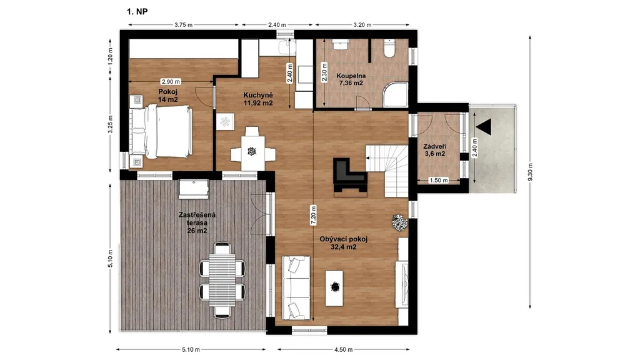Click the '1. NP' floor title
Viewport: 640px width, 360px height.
pos(137,11)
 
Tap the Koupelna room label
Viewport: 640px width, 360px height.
pos(351,76)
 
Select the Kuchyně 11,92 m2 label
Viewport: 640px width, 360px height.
pos(258,99)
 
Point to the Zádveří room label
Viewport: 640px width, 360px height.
pos(435,146)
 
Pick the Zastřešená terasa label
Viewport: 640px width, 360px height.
pos(197,219)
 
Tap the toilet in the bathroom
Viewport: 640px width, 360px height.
pos(390,49)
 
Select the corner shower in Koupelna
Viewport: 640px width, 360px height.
pos(395,94)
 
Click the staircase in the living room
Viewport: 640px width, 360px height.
pos(386,171)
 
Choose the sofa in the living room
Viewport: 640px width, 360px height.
pos(296,287)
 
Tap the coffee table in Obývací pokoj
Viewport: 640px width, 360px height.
pos(334,287)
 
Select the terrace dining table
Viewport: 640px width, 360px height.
pos(222,279)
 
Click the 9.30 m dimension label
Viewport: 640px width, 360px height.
pos(530,172)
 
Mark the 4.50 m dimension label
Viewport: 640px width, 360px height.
pos(343,349)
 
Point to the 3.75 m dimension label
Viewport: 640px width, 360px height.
pos(183,24)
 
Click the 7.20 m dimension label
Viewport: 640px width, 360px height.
pos(313,215)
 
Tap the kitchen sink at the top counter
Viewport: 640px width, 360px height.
pos(287,47)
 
